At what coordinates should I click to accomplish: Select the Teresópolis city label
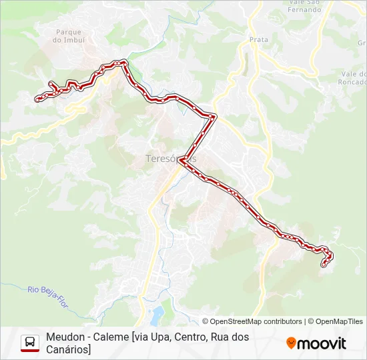171,159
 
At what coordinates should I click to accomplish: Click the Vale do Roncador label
352,78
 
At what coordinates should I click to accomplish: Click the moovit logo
316,343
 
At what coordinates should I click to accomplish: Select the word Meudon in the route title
65,337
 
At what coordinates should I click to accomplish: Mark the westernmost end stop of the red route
37,99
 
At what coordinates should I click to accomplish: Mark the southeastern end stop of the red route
324,265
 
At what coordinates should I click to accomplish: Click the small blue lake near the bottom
157,313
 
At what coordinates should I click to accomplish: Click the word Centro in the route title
191,337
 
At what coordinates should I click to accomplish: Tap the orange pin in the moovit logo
291,343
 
